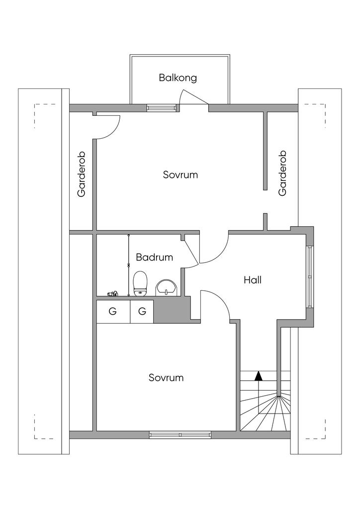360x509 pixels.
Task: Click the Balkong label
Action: click(x=178, y=78)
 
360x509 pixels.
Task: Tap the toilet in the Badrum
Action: click(x=141, y=284)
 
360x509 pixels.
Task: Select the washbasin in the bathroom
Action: click(x=166, y=287)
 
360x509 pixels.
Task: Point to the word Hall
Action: click(x=253, y=280)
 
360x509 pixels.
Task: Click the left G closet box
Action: click(x=113, y=312)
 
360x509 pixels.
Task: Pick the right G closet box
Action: click(x=142, y=312)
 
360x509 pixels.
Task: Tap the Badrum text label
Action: click(x=154, y=257)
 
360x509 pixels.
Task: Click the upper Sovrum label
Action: click(x=180, y=175)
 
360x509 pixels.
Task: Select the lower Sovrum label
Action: click(x=166, y=378)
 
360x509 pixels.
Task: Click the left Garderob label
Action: click(x=82, y=174)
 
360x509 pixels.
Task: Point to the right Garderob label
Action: click(x=283, y=173)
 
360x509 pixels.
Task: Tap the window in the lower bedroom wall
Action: click(x=180, y=435)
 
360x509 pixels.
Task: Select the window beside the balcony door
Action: click(x=162, y=107)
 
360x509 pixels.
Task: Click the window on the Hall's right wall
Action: click(x=310, y=276)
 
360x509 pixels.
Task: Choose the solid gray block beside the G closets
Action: click(x=172, y=310)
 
